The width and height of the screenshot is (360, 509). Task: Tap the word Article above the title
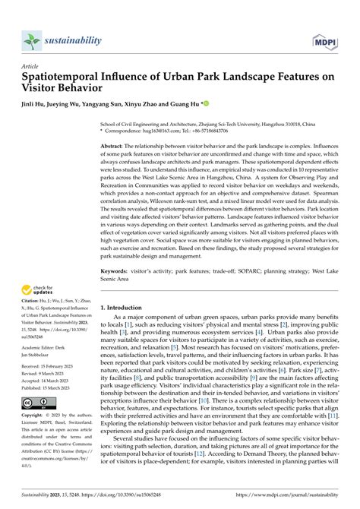point(32,66)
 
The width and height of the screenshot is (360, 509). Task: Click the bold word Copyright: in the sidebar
point(35,416)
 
